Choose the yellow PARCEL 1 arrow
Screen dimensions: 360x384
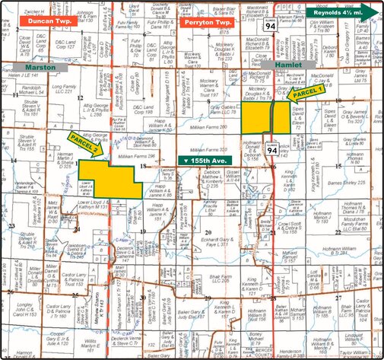click(308, 91)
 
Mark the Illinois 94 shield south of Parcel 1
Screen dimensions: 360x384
click(271, 151)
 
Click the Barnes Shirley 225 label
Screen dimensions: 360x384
click(348, 183)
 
